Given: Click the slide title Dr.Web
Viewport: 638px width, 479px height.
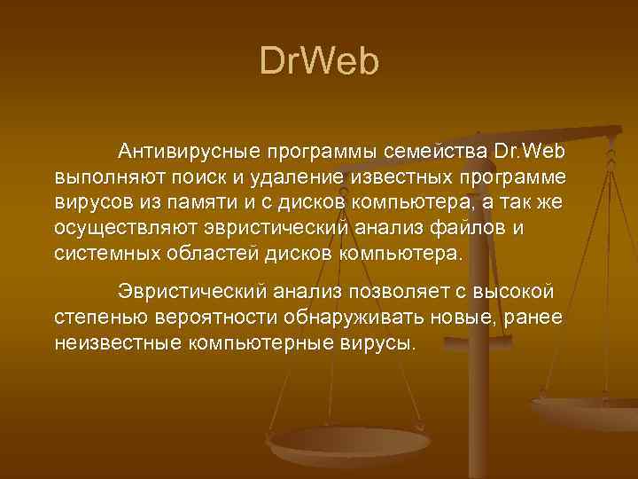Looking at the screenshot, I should [x=319, y=61].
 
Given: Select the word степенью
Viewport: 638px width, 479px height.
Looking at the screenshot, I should [x=100, y=318].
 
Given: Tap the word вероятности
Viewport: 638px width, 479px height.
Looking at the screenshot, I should [x=217, y=318].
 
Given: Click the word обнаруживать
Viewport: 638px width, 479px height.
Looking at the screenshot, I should [x=356, y=318].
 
